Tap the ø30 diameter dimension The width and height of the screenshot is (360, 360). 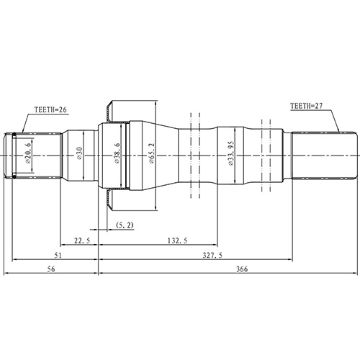pyautogui.click(x=78, y=156)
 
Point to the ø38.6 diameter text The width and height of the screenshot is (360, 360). pyautogui.click(x=116, y=156)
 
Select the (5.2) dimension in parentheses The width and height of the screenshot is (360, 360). pyautogui.click(x=123, y=226)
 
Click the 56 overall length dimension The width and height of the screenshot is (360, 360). pyautogui.click(x=50, y=269)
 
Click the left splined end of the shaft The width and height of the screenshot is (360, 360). pyautogui.click(x=16, y=155)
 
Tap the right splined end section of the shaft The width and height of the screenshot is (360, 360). pyautogui.click(x=324, y=155)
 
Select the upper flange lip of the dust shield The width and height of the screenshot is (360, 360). pyautogui.click(x=109, y=110)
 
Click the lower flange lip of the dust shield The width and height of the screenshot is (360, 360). pyautogui.click(x=109, y=202)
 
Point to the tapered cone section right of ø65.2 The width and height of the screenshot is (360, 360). pyautogui.click(x=169, y=155)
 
